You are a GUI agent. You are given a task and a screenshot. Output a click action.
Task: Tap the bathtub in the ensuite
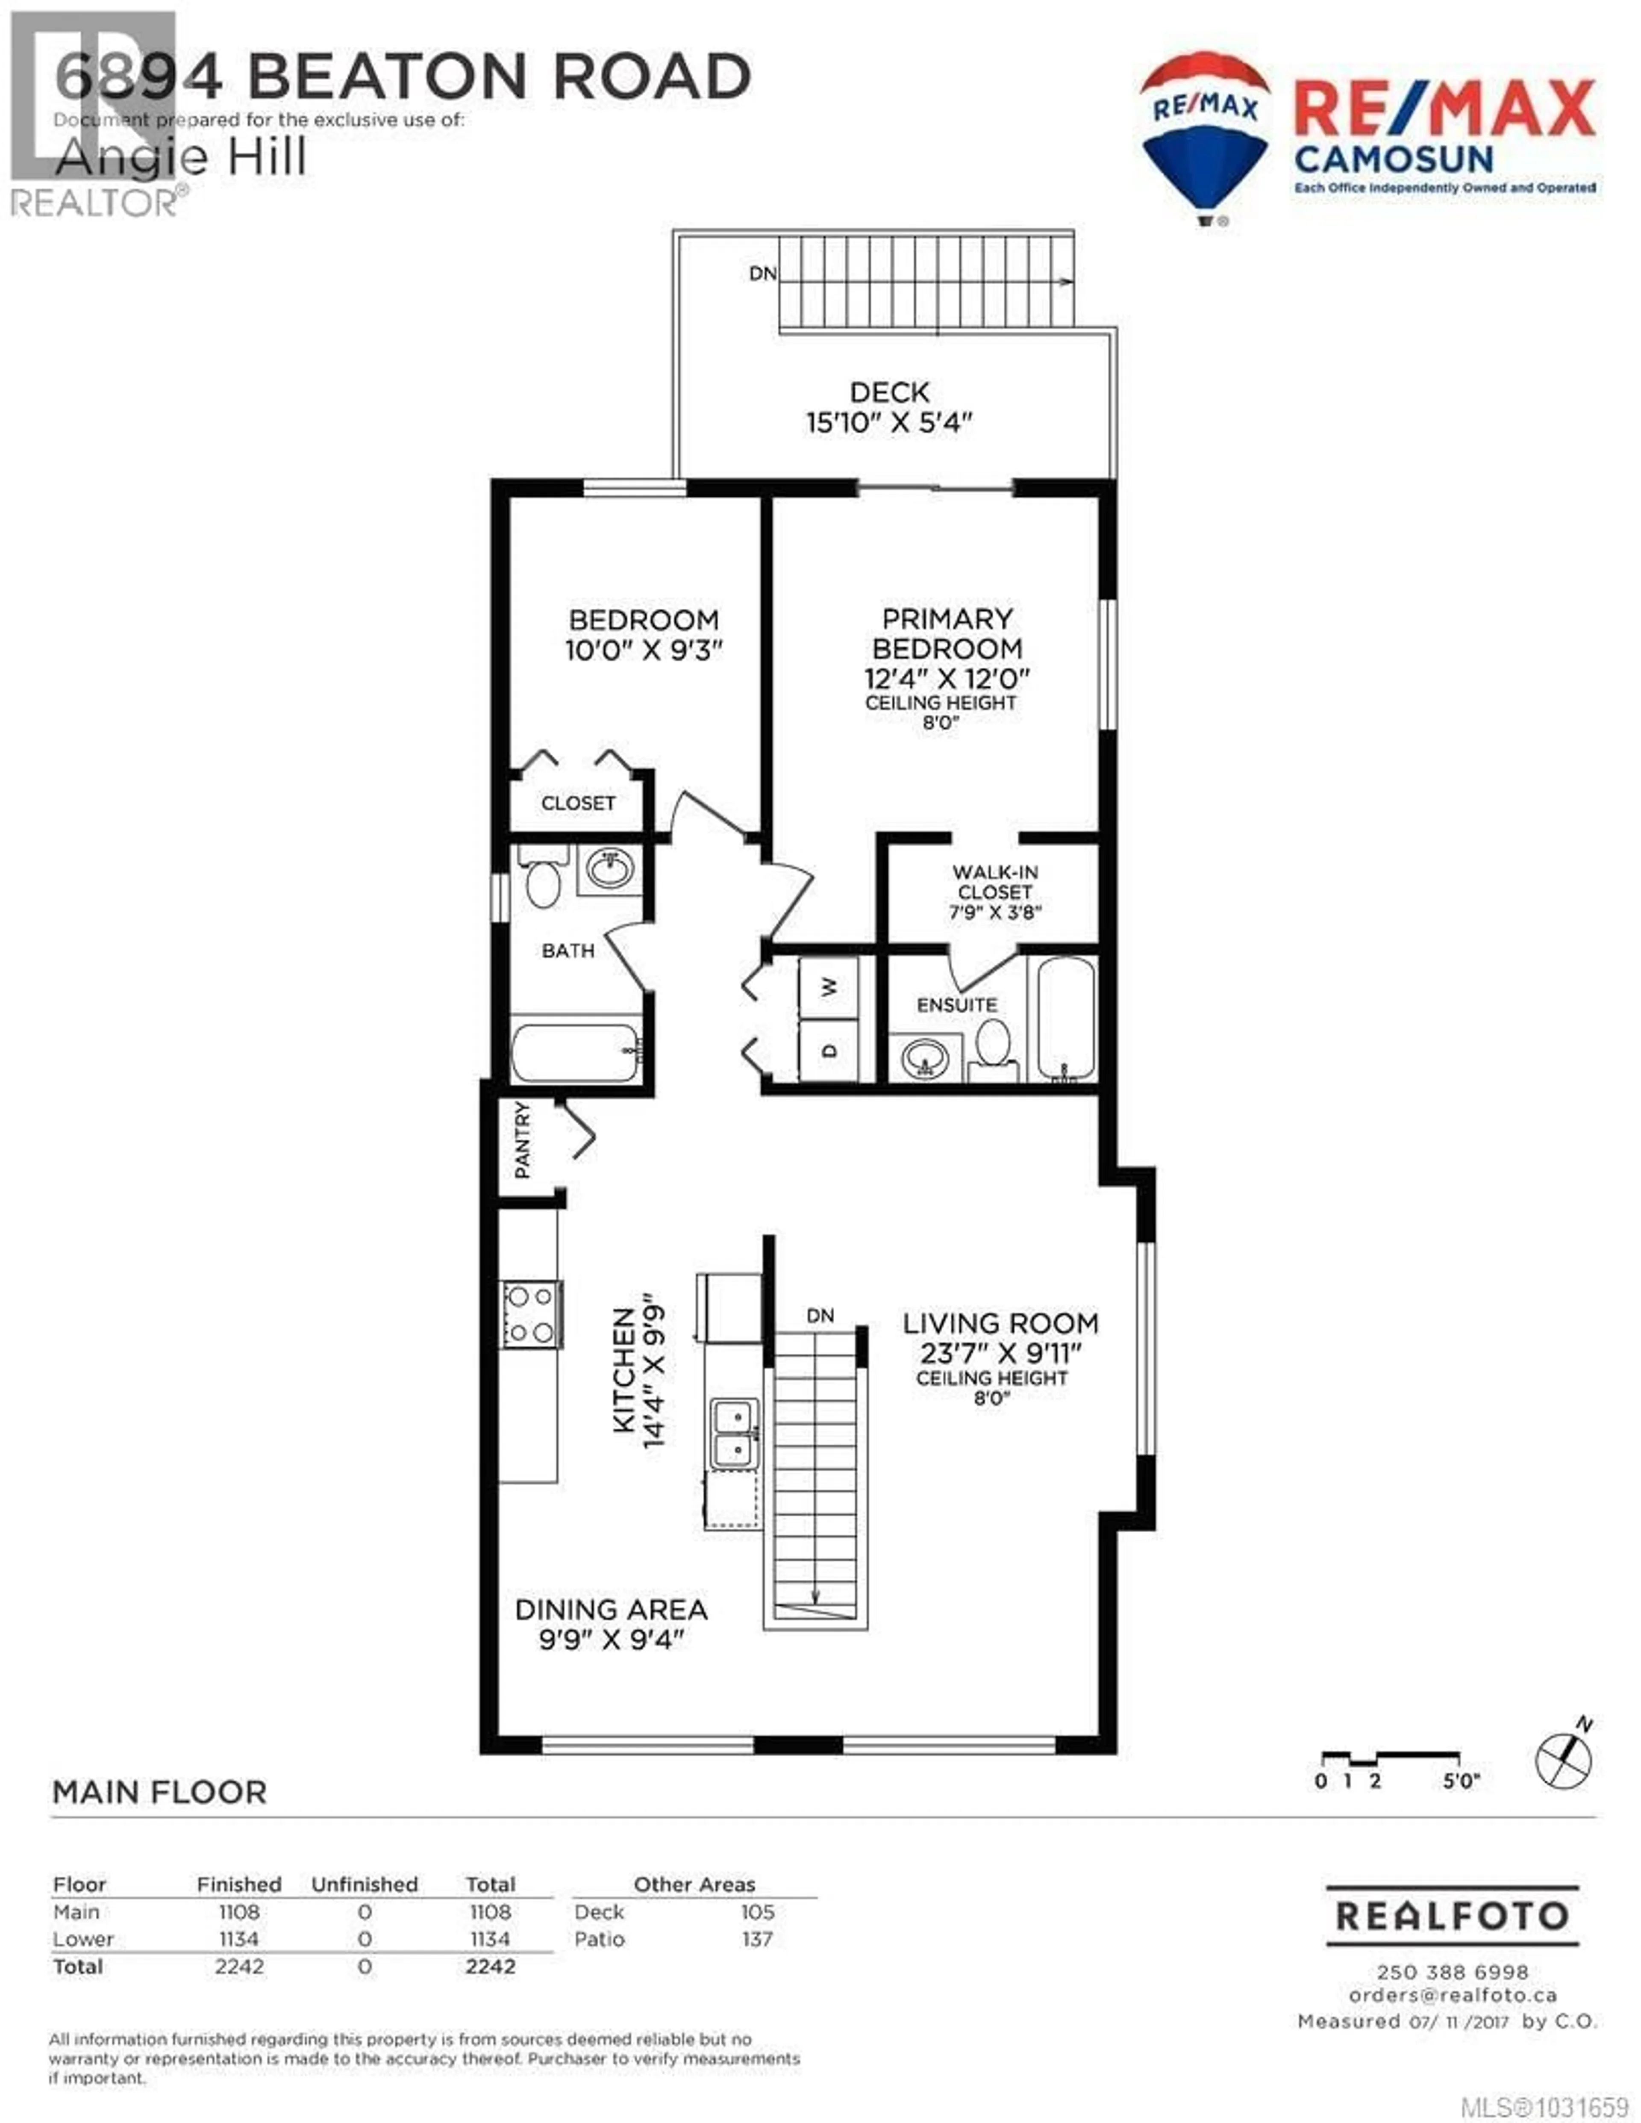tap(1065, 1018)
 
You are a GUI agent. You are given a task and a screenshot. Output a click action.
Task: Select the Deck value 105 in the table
tap(757, 1912)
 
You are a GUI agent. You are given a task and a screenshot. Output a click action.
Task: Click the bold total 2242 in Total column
tap(490, 1967)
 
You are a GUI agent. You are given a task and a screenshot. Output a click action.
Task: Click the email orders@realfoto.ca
tap(1453, 1995)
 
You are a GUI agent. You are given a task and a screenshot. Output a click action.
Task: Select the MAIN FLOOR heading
tap(159, 1793)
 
